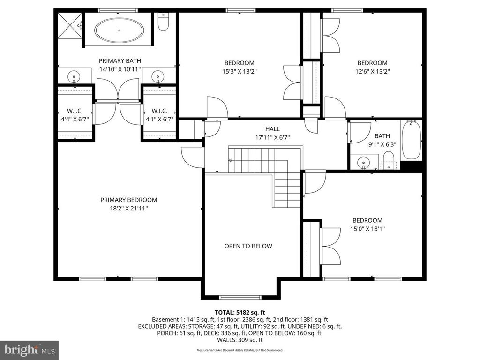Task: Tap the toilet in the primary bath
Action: [164, 22]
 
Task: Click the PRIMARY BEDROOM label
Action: [128, 200]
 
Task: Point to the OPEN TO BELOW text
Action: [248, 246]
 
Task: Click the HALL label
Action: [272, 129]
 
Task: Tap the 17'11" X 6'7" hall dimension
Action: [272, 137]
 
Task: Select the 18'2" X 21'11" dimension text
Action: [128, 209]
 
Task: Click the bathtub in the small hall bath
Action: [412, 140]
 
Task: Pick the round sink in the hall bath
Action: [363, 162]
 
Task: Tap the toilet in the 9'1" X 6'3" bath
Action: [389, 159]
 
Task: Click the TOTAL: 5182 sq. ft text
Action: [240, 313]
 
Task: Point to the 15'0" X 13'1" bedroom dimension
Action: [367, 229]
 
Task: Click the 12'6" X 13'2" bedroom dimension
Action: [372, 71]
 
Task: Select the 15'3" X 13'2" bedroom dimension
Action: [240, 71]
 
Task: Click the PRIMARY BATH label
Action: [120, 60]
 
